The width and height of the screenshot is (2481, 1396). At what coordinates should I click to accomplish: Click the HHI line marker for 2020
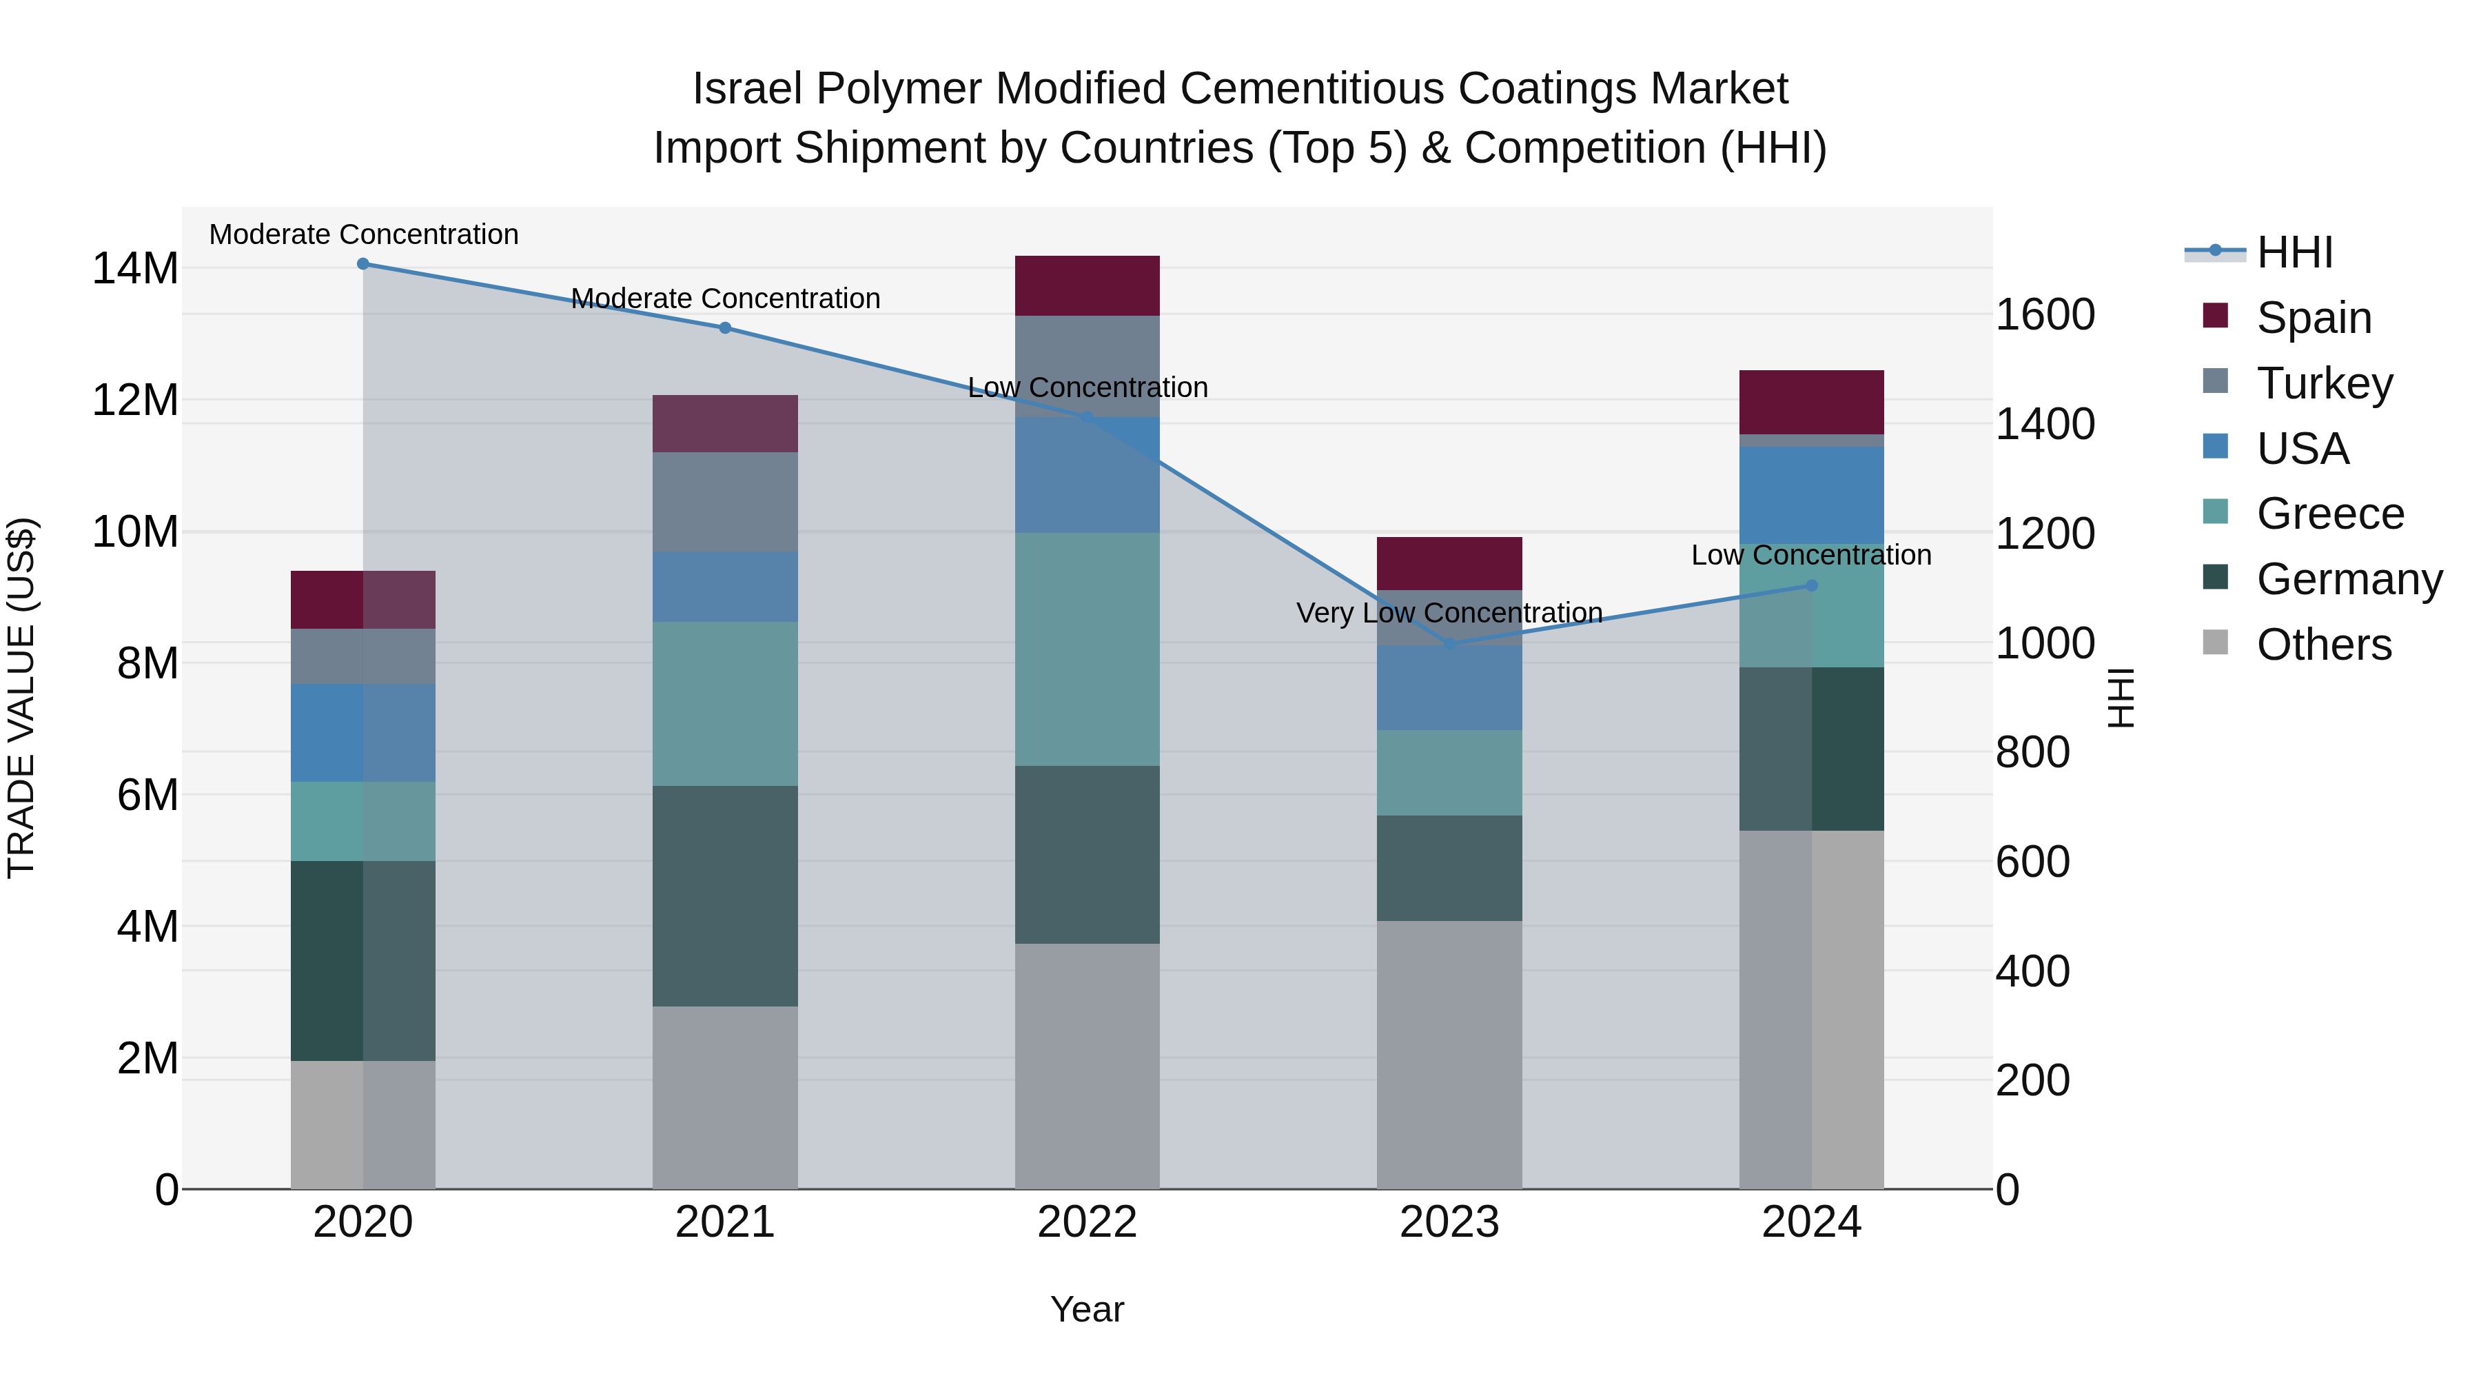[363, 264]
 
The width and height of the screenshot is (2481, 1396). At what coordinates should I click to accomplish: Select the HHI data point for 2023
[1449, 644]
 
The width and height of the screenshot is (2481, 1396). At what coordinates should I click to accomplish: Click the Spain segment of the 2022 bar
[1088, 286]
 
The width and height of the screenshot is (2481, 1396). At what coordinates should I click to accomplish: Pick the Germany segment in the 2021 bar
[725, 896]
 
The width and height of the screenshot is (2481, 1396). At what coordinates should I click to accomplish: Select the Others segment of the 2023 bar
[1449, 1055]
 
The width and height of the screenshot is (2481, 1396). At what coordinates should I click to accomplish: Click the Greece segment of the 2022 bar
[1088, 649]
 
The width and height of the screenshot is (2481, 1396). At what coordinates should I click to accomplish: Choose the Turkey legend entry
[2324, 383]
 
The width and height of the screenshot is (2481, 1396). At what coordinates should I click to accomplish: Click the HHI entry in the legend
[2294, 252]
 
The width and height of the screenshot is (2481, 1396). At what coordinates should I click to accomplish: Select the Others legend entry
[2323, 645]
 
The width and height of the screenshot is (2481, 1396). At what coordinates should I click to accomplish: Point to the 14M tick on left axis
[135, 269]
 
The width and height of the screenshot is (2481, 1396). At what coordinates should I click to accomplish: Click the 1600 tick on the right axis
[2045, 315]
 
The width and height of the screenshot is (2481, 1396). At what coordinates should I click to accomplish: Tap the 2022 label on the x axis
[1088, 1222]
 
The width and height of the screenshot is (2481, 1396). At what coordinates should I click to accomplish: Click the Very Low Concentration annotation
[1449, 613]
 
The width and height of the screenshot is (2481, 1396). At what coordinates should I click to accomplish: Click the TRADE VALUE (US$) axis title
[22, 698]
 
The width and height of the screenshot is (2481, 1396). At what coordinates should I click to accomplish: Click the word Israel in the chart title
[747, 89]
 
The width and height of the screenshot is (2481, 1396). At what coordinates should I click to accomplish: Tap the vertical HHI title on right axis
[2122, 698]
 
